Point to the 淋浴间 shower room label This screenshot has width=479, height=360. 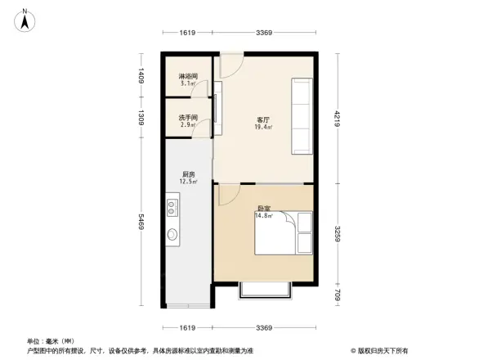point(188,79)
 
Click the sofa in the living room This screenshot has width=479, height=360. point(300,115)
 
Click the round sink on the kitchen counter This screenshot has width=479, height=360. point(173,235)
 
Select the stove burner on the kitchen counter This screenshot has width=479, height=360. point(173,203)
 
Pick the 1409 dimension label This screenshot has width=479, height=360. point(141,78)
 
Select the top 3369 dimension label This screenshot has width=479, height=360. point(263,33)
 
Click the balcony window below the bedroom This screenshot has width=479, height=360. point(262,289)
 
